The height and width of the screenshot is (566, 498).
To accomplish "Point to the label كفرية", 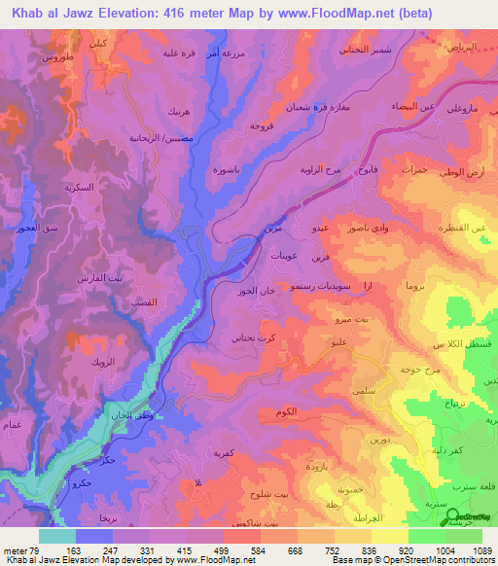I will point(226,453).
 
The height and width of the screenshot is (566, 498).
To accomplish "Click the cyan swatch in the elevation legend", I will point(56,536).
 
